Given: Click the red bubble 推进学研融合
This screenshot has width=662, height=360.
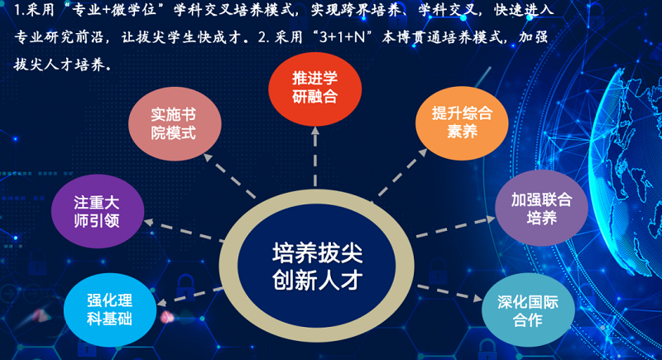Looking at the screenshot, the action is pos(315,89).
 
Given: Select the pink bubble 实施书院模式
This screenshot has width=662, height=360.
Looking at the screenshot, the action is pos(175,123).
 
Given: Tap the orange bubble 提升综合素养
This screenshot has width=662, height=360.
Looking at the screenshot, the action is pos(462,123).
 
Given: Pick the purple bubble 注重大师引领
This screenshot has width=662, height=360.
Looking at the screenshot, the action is pos(98,211).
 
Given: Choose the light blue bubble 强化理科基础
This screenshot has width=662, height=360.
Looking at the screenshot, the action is pos(110,310).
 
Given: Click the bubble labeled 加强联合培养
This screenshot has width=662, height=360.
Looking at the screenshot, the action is pos(542,208).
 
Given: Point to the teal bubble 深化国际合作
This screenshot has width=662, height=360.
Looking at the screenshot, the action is pos(528,310).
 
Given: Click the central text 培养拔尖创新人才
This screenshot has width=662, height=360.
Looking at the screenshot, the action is pos(317,266).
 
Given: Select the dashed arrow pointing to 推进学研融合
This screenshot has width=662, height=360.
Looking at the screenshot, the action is pos(315,156).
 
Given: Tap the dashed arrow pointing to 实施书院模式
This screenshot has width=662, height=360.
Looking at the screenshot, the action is pos(230,176).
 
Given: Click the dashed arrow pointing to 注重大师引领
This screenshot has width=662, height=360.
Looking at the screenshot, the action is pos(184,230).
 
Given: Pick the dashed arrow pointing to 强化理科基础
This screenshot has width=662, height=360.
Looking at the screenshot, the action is pos(189,295).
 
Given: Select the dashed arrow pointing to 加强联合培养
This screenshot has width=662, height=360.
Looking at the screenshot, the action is pos(456,227).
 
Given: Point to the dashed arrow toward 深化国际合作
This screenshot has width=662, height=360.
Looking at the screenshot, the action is pos(449,293).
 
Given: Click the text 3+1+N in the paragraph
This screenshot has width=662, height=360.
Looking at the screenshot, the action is pos(342,37).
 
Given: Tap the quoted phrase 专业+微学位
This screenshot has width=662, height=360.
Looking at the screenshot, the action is pos(112,10).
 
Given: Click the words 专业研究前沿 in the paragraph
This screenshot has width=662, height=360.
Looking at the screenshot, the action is pos(59,37).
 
